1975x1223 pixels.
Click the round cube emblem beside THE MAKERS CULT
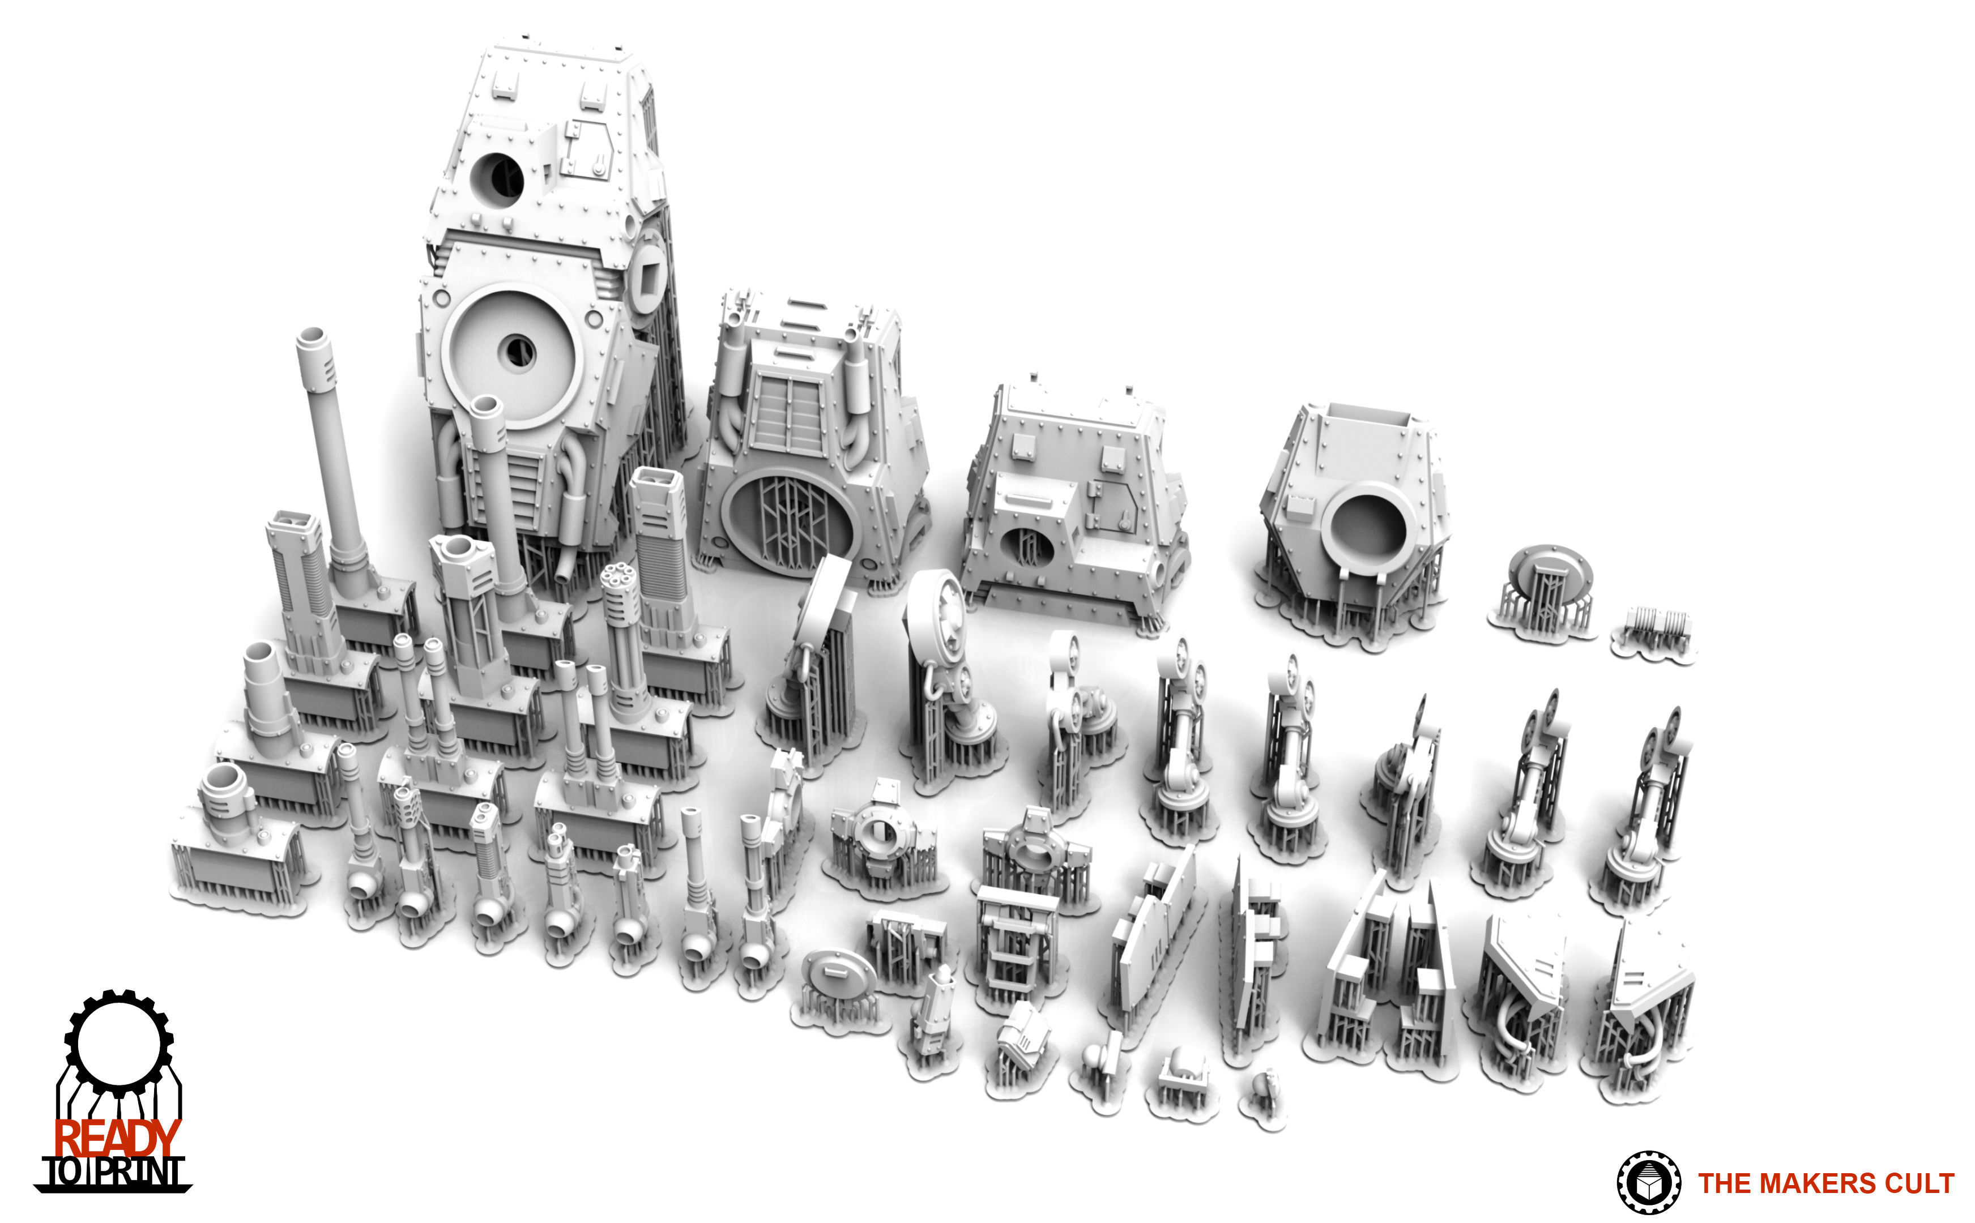(x=1648, y=1182)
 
